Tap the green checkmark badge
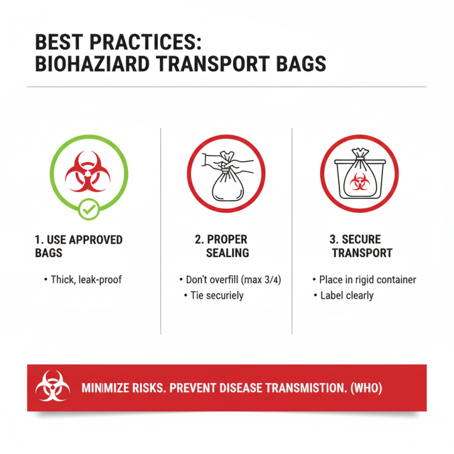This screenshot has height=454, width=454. pos(87,211)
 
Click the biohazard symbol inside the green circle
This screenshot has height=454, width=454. pos(87,171)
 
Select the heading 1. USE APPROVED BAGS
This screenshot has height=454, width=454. pos(78,246)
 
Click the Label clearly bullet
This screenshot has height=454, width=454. pos(347,295)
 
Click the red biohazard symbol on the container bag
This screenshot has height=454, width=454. pos(359,182)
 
